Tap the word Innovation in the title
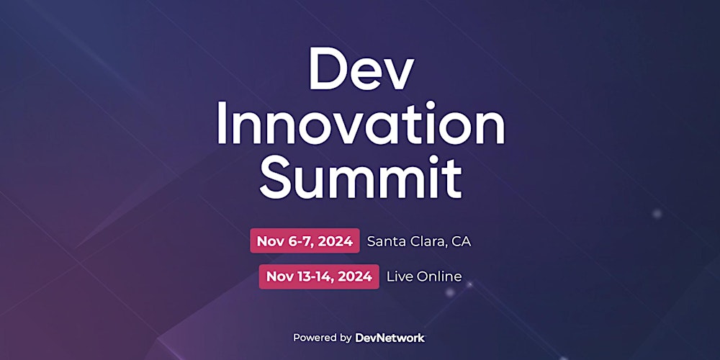(x=360, y=127)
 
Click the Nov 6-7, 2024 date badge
(x=305, y=241)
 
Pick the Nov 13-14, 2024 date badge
(x=319, y=276)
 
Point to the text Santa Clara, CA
(x=418, y=241)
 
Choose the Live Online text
(x=424, y=276)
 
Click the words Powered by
(x=322, y=337)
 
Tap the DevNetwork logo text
(x=390, y=337)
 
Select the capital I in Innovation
(x=222, y=127)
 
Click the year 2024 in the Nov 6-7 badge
(x=335, y=241)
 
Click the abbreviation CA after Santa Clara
(x=462, y=241)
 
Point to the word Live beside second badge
(x=399, y=276)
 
